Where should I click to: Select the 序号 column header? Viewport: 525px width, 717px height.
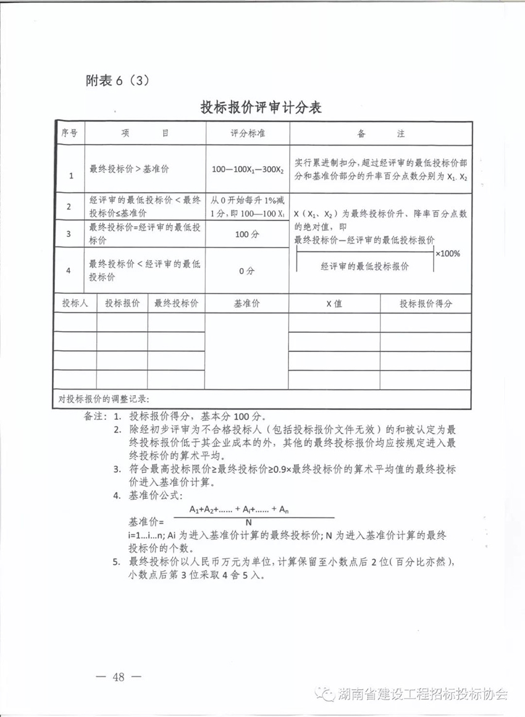coord(69,133)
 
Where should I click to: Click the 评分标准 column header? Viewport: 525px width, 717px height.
coord(247,133)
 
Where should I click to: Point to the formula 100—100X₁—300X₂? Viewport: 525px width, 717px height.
coord(247,169)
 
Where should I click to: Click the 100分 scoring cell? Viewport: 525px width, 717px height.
coord(247,234)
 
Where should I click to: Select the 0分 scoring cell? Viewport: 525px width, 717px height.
coord(247,270)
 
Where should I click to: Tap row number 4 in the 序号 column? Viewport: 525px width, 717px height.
coord(69,270)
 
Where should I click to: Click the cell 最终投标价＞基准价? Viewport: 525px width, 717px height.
coord(129,169)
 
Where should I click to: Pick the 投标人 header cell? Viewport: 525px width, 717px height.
coord(75,304)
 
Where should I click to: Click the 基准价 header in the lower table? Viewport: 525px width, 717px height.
coord(246,304)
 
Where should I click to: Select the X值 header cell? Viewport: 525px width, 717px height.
coord(334,304)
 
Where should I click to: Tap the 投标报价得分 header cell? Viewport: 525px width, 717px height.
coord(426,304)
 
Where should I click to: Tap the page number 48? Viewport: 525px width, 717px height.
coord(119,677)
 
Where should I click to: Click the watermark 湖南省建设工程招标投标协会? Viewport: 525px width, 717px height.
coord(423,694)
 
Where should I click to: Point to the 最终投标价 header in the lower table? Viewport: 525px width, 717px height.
coord(175,304)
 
